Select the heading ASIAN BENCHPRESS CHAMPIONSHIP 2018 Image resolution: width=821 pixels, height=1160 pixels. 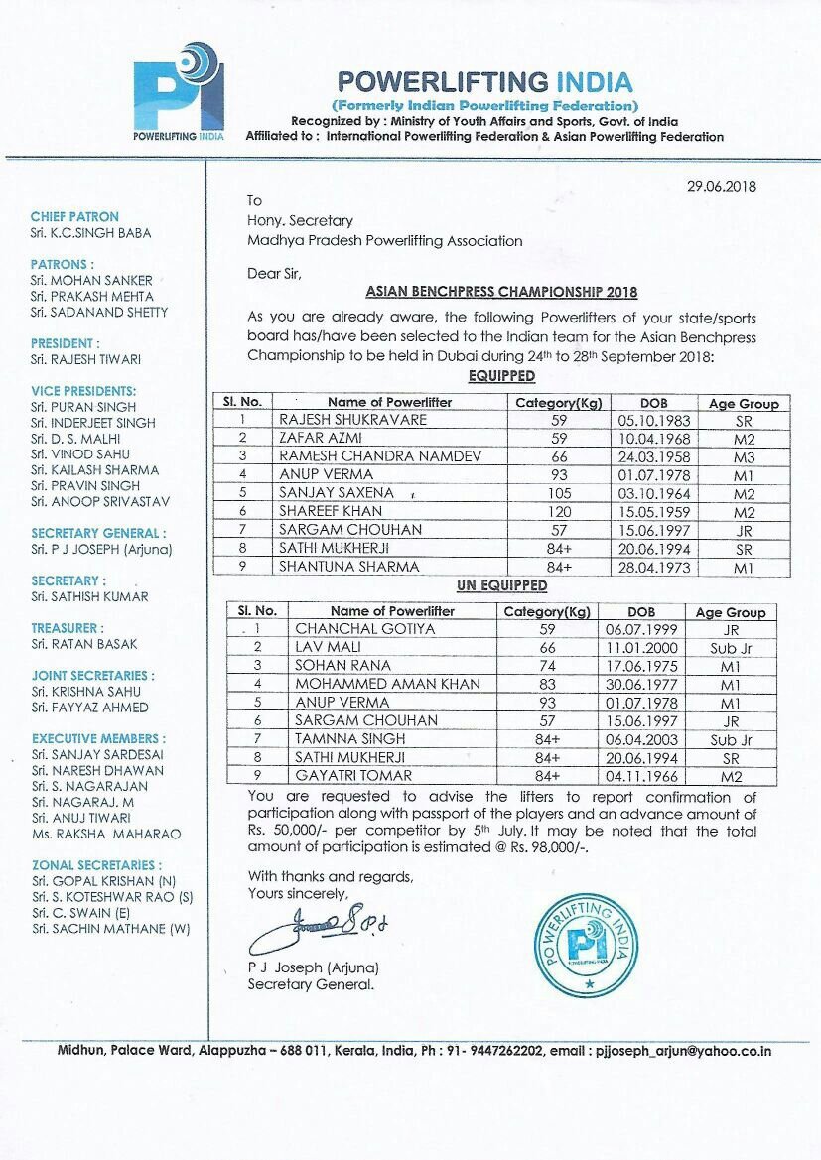501,293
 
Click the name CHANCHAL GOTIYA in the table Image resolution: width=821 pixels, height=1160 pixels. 350,628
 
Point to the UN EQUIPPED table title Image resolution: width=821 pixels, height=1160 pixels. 501,586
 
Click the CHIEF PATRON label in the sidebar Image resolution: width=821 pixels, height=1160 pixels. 74,216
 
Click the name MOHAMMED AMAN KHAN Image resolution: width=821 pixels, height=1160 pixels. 387,684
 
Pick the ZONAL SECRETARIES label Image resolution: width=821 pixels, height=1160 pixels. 95,865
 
